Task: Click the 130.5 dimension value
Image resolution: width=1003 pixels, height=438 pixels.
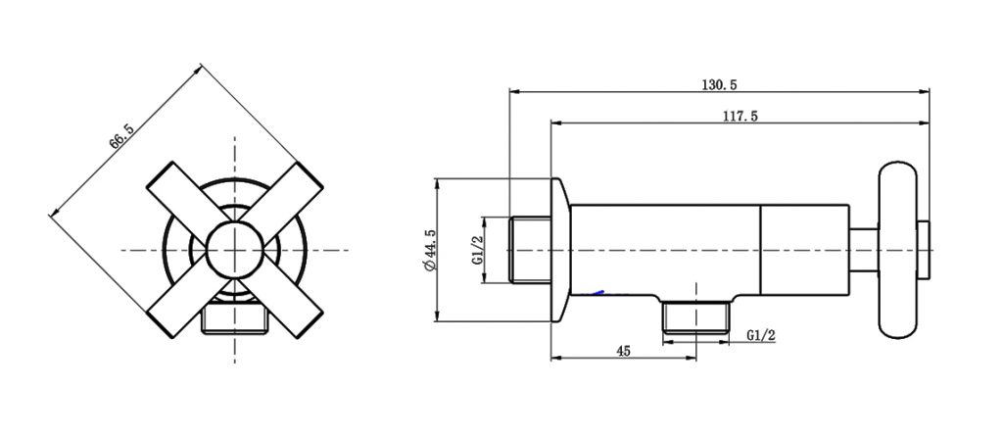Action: (720, 85)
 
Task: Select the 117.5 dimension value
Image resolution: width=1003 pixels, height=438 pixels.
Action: (740, 116)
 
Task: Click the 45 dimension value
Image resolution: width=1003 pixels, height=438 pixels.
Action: (623, 351)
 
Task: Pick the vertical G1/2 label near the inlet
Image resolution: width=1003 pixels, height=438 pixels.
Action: (476, 251)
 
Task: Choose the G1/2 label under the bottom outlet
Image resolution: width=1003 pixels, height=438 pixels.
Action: (760, 334)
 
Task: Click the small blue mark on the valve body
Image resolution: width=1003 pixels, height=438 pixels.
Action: (598, 292)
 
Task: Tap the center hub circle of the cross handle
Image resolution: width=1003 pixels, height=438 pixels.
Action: (235, 250)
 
